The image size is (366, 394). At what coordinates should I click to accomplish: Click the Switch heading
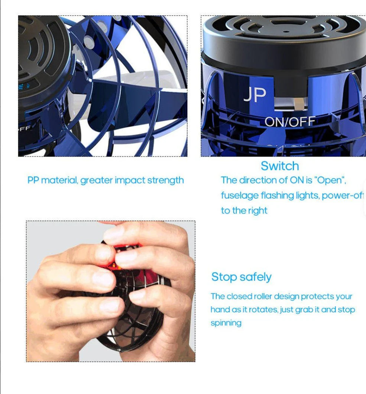tap(279, 166)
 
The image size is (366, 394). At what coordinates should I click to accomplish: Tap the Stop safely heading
tap(241, 277)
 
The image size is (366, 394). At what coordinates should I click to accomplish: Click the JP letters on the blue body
tap(255, 95)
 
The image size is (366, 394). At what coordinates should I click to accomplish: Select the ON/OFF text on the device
tap(290, 122)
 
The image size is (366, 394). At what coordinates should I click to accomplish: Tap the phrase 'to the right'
tap(244, 210)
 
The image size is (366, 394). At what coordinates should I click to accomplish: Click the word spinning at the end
tap(226, 323)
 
